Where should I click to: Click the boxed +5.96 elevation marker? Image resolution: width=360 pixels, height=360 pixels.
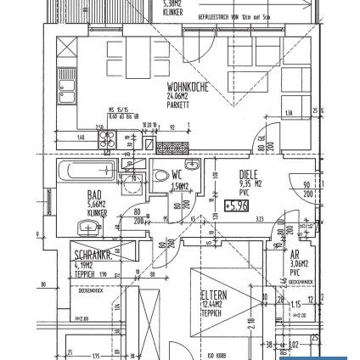click(237, 205)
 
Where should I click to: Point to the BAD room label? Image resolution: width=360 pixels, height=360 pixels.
click(93, 195)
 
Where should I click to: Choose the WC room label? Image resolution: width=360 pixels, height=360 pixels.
click(178, 174)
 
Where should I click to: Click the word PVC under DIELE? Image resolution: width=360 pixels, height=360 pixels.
click(245, 192)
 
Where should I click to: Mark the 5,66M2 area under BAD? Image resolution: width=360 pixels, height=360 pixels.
click(95, 205)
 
